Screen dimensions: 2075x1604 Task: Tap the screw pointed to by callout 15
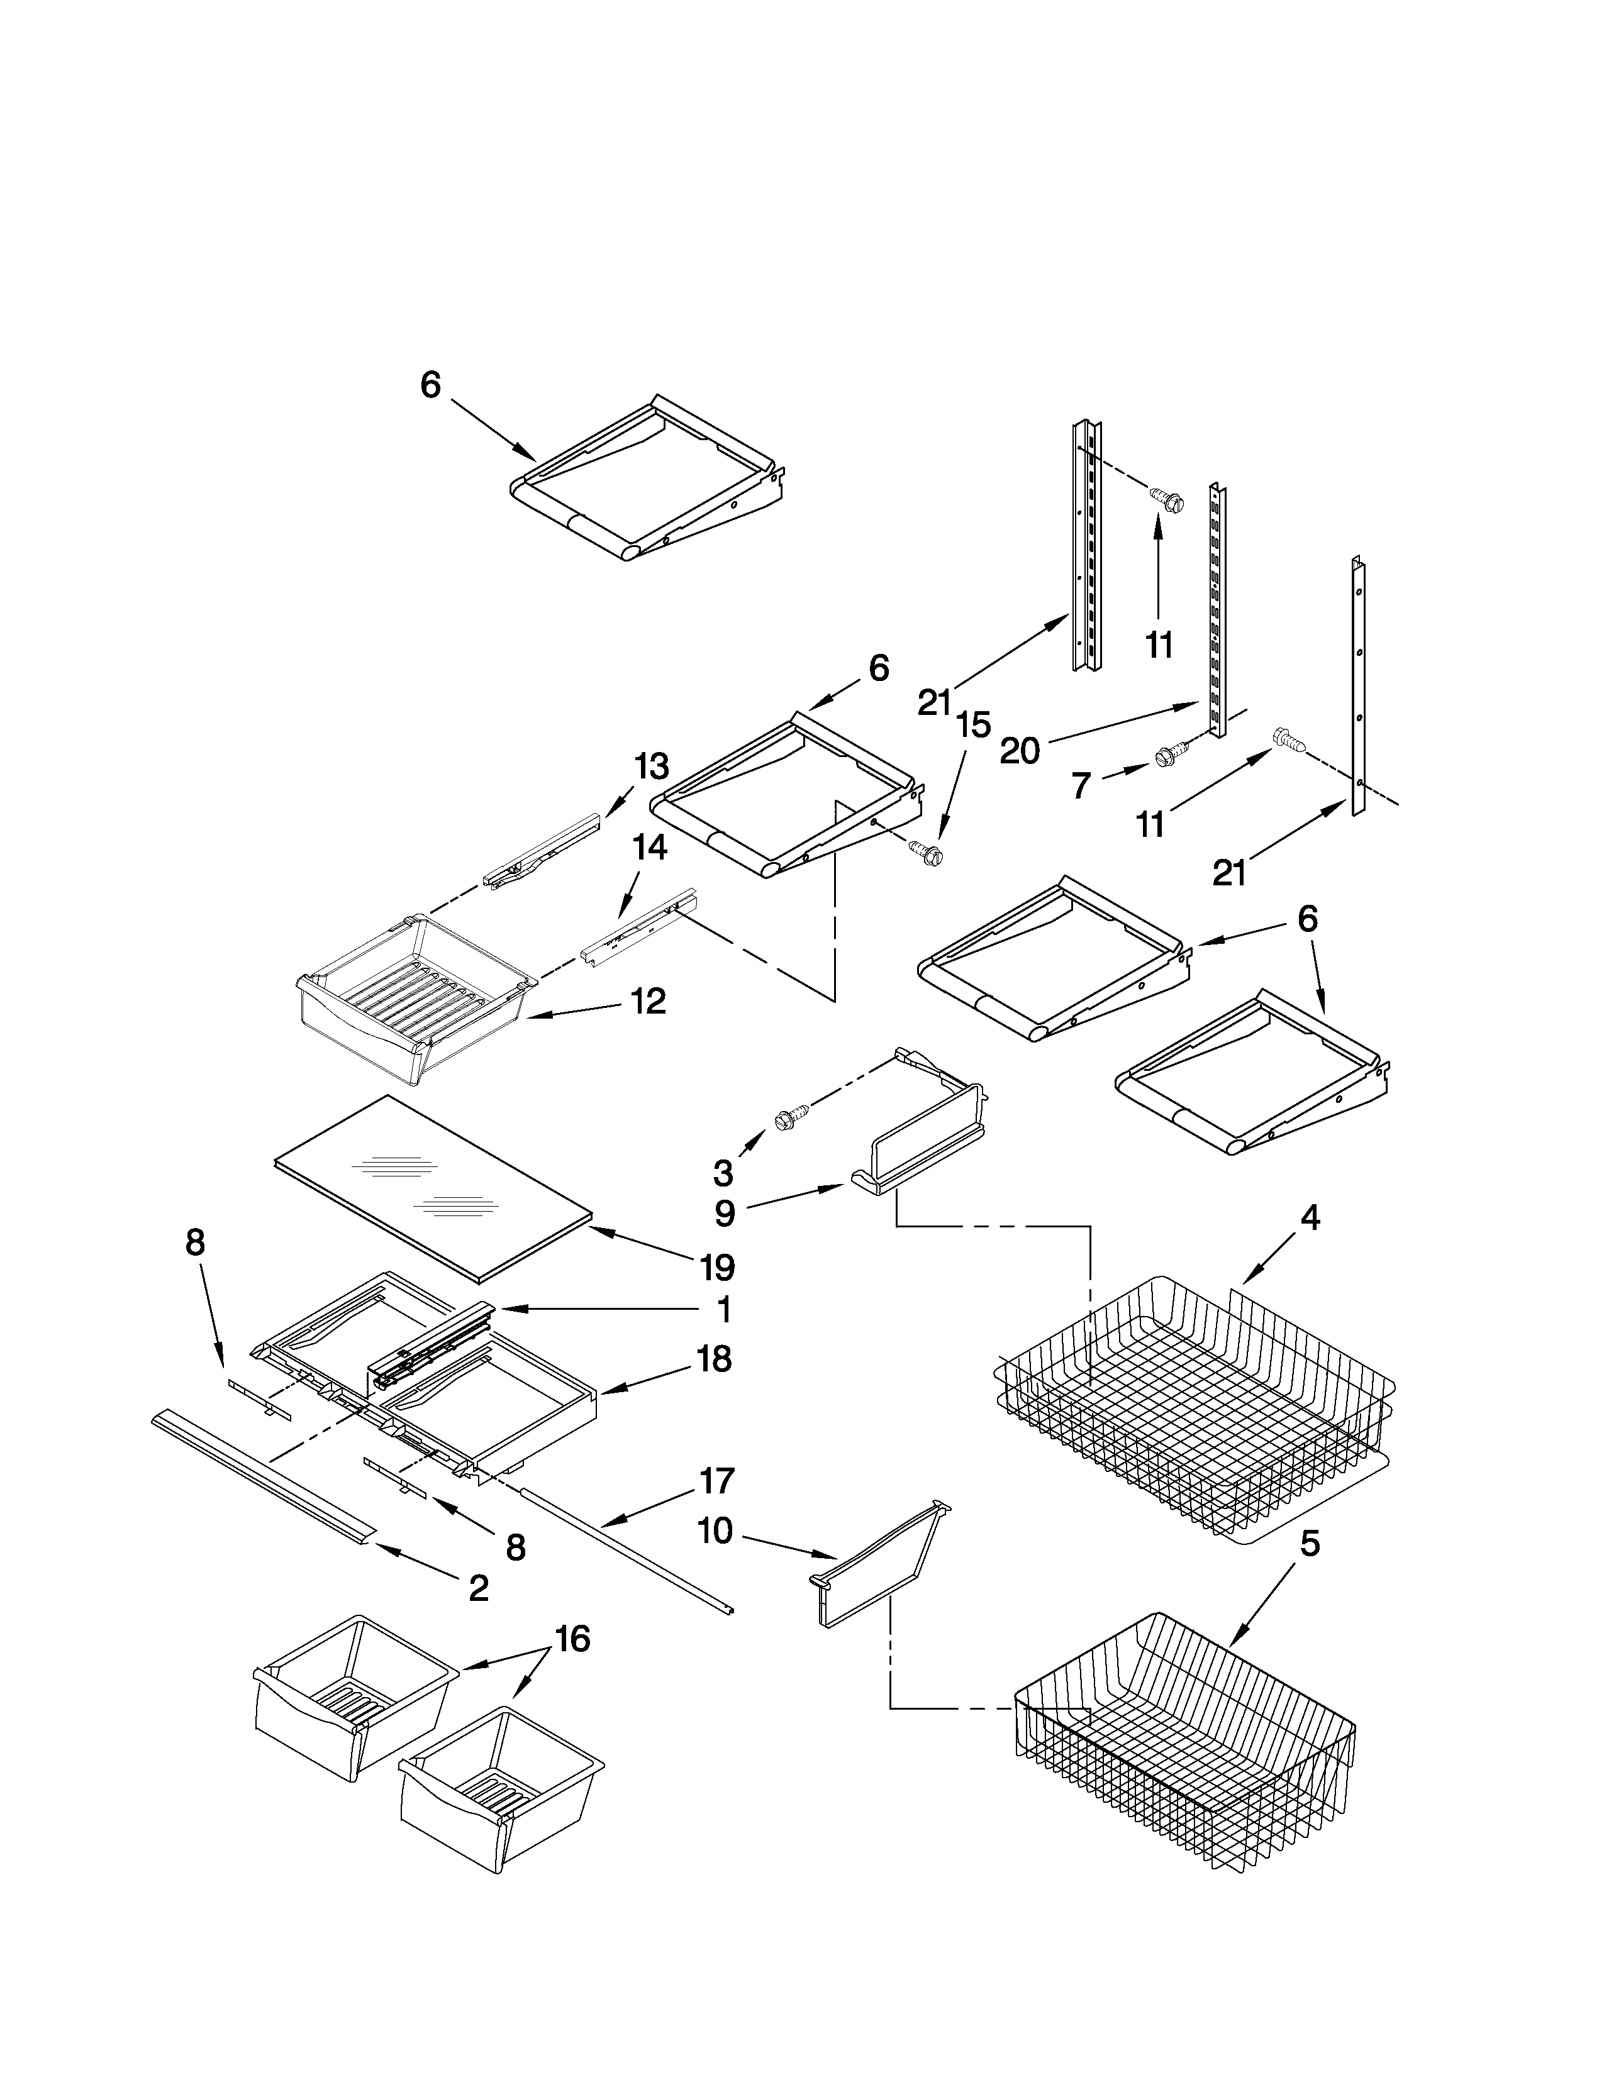tap(927, 851)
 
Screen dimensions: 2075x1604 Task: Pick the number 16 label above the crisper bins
tap(572, 1639)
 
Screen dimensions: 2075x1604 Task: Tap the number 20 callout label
tap(1020, 751)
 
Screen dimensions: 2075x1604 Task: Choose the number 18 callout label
tap(714, 1359)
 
